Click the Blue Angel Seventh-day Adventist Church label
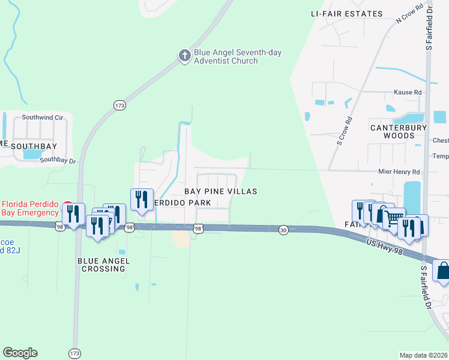pyautogui.click(x=237, y=56)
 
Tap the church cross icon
pyautogui.click(x=185, y=56)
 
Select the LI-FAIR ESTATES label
pyautogui.click(x=347, y=13)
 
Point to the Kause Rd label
pyautogui.click(x=408, y=92)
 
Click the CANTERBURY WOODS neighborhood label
pyautogui.click(x=399, y=131)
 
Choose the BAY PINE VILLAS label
pyautogui.click(x=220, y=191)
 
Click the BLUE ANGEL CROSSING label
pyautogui.click(x=101, y=265)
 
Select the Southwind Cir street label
pyautogui.click(x=43, y=118)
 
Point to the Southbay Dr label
pyautogui.click(x=58, y=160)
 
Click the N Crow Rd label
pyautogui.click(x=410, y=17)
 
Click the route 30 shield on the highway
pyautogui.click(x=284, y=230)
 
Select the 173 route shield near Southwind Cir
pyautogui.click(x=119, y=105)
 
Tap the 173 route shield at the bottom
pyautogui.click(x=74, y=353)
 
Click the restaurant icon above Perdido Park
pyautogui.click(x=141, y=199)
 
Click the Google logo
pyautogui.click(x=20, y=353)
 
